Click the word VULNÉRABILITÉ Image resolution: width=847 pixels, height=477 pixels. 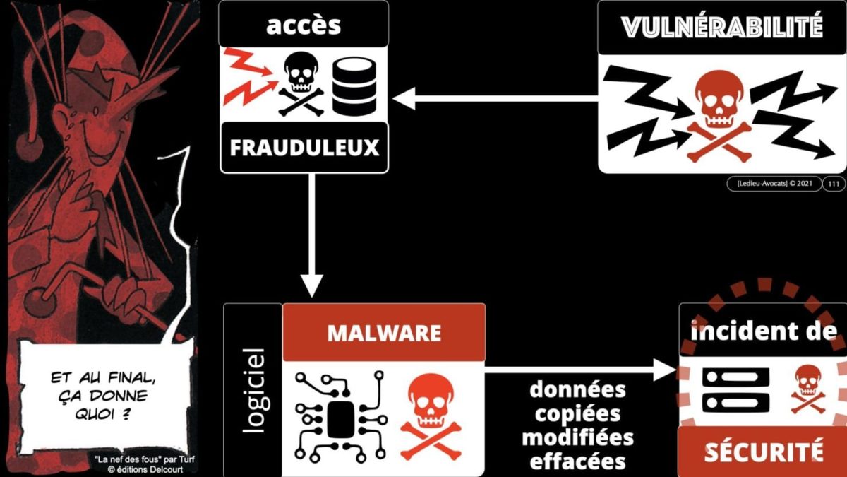pos(722,28)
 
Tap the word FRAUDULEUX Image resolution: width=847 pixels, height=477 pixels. pos(304,148)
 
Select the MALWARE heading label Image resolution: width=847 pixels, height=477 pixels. pos(383,332)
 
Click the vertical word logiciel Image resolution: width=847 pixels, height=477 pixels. pos(252,389)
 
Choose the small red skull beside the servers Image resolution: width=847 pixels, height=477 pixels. pos(807,389)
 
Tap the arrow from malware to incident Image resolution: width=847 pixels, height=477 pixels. pos(579,369)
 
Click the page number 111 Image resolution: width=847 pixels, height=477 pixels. pos(833,184)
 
